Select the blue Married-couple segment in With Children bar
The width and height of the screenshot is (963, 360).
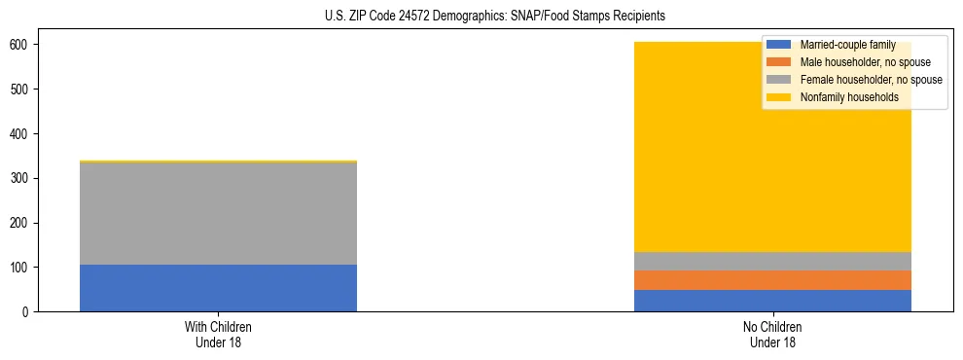coord(218,288)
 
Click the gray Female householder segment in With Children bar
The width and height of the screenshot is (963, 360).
coord(218,213)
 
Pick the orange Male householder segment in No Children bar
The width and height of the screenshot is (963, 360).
coord(772,280)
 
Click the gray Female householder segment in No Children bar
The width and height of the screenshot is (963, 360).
coord(772,261)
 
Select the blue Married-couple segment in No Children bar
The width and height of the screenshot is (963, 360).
coord(772,301)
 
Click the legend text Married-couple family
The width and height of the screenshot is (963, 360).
coord(847,45)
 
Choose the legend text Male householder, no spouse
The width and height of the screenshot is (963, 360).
coord(865,62)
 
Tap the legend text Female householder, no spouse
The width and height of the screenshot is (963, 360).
coord(871,80)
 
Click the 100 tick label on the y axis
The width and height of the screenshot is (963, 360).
coord(25,268)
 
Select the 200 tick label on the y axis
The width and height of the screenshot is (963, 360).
coord(25,223)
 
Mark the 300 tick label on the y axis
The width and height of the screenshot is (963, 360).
coord(25,178)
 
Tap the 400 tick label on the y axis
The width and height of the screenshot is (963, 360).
coord(25,133)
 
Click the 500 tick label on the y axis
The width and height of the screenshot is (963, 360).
coord(25,90)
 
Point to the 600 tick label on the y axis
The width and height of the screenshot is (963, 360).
coord(25,45)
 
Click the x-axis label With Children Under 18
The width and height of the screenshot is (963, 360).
coord(218,335)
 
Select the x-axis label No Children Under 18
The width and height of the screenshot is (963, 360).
coord(772,335)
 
